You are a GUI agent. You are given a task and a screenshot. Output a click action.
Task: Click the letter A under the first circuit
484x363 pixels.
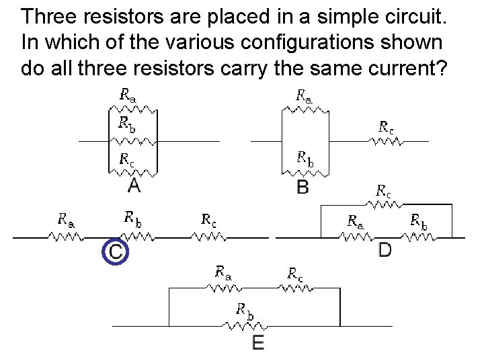point(134,184)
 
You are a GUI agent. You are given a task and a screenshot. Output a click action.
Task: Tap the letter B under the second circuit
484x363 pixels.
point(303,186)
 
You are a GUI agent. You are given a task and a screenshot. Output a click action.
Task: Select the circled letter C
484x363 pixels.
point(116,251)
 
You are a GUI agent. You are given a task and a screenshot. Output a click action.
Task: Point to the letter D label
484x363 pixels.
point(385,250)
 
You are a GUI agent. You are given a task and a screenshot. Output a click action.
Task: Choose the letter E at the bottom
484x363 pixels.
point(258,344)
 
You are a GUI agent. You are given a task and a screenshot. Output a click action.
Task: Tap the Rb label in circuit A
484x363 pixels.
point(126,122)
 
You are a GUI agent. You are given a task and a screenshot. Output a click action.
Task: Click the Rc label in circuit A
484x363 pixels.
point(126,159)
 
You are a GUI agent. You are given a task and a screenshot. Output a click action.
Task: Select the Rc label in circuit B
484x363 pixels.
point(386,126)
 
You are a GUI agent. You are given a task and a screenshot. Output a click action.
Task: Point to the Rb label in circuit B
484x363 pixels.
point(305,159)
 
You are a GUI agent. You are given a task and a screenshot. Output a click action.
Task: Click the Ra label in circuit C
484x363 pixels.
point(66,219)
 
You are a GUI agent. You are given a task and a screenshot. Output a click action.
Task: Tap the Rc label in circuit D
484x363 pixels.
point(384,191)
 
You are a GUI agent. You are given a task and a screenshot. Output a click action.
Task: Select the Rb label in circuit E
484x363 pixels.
point(245,310)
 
